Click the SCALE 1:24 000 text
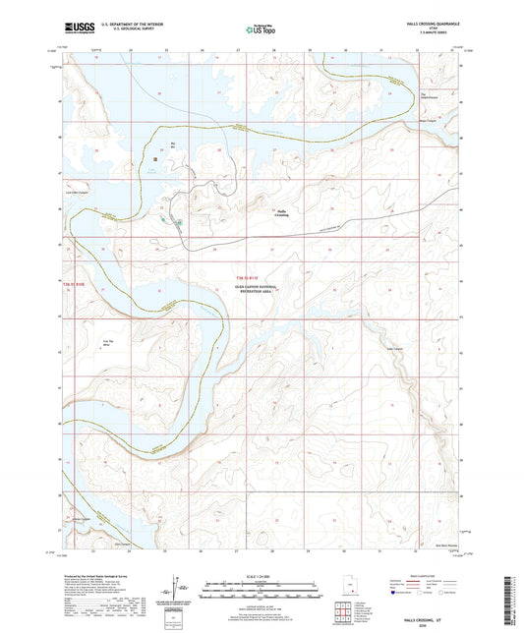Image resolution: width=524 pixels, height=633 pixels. tap(262, 575)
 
